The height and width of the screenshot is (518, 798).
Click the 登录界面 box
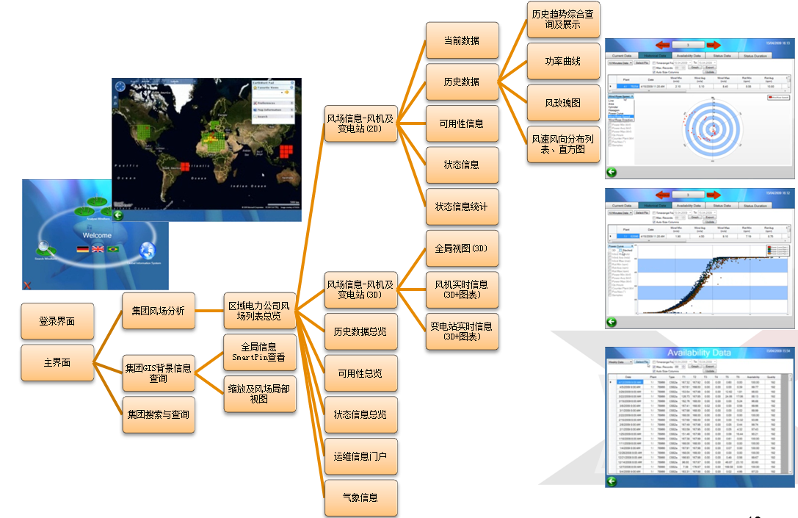(57, 321)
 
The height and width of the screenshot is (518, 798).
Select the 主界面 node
(57, 363)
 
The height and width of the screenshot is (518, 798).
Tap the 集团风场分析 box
(159, 310)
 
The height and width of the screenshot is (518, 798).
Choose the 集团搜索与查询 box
(158, 414)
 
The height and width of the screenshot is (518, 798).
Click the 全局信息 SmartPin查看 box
(259, 352)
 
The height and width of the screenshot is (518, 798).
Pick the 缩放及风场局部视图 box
(259, 394)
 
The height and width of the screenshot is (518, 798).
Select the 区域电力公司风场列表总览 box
(259, 310)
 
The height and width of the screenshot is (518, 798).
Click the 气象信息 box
(360, 498)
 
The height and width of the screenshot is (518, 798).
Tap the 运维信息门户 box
(360, 456)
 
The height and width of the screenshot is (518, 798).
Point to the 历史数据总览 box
(360, 331)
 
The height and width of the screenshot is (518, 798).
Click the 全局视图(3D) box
(462, 248)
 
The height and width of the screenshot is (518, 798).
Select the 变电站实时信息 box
(462, 331)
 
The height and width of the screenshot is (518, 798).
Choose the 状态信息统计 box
(462, 207)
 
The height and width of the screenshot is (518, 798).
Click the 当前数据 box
(462, 40)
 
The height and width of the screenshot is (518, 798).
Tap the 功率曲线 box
(563, 61)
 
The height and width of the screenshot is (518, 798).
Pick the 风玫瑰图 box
(563, 103)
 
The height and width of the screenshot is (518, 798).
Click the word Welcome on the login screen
(97, 236)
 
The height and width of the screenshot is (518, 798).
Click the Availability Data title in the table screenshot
(699, 353)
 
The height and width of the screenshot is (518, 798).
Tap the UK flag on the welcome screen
(98, 250)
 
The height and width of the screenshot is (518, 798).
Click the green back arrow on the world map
(118, 215)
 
